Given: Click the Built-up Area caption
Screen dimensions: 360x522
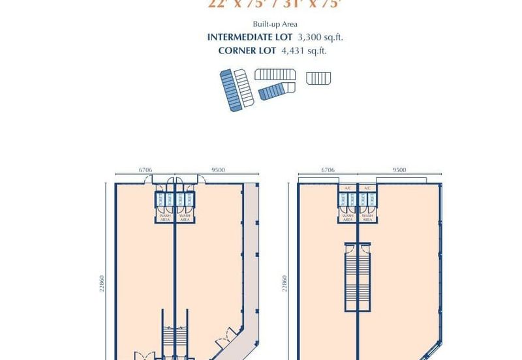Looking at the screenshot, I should coord(261,25).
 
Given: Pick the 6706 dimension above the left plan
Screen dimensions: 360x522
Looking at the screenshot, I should coord(145,170).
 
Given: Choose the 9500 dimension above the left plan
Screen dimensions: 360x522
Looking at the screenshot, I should coord(219,170).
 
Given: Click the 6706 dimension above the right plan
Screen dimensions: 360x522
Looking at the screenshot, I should coord(328,170).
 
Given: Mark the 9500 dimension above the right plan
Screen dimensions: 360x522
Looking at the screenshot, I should coord(399,170).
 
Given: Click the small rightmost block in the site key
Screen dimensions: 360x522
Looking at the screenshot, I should coord(318,78).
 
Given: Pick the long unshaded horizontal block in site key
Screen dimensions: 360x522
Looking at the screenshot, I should coord(275,74).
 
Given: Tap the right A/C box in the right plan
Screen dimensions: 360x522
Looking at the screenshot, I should coord(367,188).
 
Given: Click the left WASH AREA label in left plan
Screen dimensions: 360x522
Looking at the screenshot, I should coord(164,216).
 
